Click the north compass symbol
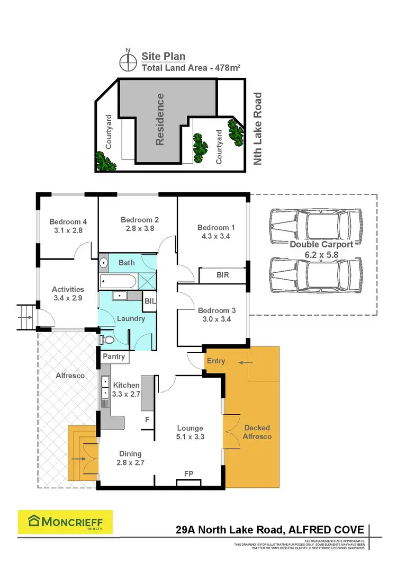[127, 61]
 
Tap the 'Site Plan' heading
[163, 56]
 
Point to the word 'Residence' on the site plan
[160, 119]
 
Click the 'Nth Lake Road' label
[258, 129]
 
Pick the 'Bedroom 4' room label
[66, 222]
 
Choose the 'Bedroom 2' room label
[140, 220]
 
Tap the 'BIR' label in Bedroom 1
[222, 275]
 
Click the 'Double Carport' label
[321, 245]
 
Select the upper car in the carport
[314, 225]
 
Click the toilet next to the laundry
[107, 340]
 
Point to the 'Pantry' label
[114, 356]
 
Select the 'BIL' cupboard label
[150, 300]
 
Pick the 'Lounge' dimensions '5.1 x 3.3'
[190, 437]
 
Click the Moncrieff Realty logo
[65, 523]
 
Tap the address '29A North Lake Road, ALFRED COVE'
[269, 530]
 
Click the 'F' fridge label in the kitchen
[147, 419]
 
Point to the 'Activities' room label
[68, 289]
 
